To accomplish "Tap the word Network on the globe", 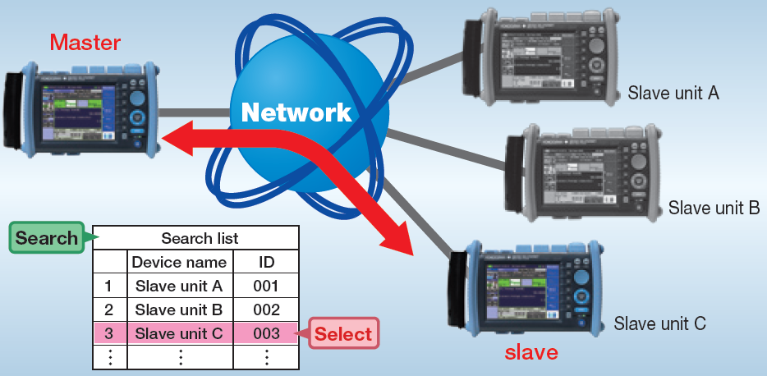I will (x=296, y=112).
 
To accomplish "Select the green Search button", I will (x=46, y=238).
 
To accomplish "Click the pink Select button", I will (x=343, y=334).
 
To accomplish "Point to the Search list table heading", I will (x=200, y=238).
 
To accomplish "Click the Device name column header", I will (x=179, y=263).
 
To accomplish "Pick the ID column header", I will (x=266, y=263).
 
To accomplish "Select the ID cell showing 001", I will (x=266, y=287).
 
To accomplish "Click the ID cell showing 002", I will (x=266, y=310).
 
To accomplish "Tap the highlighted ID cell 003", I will (x=266, y=334).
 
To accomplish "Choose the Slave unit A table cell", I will (x=179, y=287).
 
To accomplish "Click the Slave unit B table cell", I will (x=179, y=310).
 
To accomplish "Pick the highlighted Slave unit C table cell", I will (x=179, y=334).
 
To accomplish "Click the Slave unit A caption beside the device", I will (x=673, y=93).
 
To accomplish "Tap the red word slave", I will (x=531, y=353).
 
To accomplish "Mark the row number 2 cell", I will (x=108, y=310).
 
